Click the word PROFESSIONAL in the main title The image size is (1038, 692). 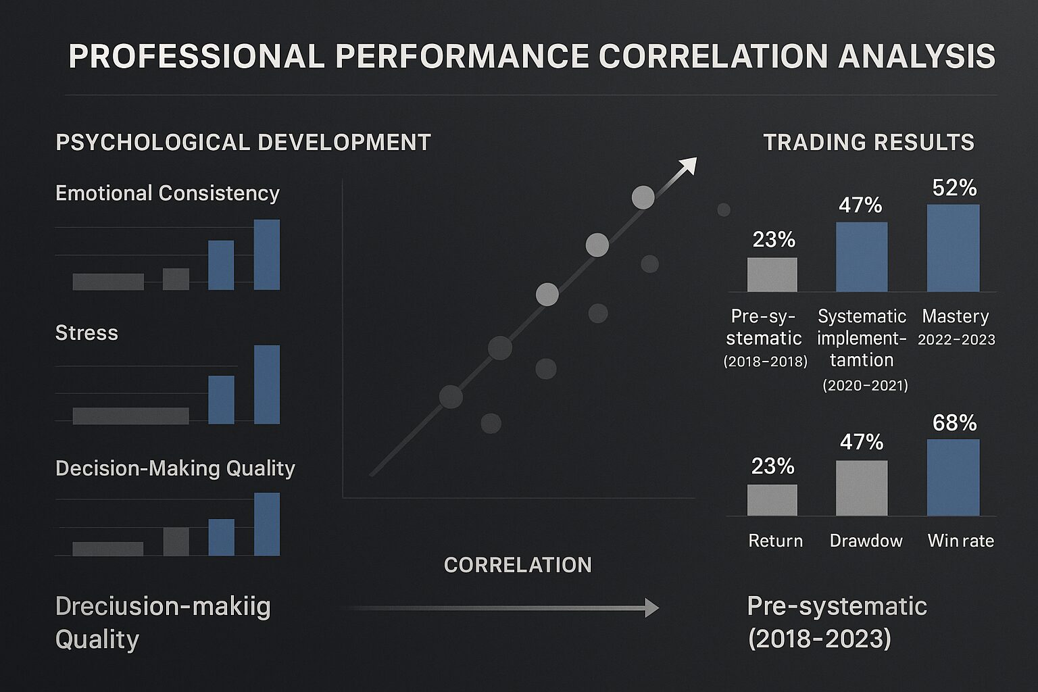point(197,56)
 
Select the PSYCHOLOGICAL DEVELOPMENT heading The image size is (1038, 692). point(243,143)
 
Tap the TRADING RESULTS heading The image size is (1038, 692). point(868,143)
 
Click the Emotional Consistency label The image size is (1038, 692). point(167,193)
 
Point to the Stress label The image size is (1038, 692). point(86,333)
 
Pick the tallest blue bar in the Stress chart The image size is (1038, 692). point(266,385)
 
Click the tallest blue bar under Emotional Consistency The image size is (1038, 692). point(266,254)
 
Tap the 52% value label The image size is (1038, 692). point(954,188)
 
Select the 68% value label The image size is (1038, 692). point(954,423)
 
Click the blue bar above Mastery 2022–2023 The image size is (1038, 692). point(953,248)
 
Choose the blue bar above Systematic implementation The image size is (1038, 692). point(862,257)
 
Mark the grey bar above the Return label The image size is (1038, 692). point(772,500)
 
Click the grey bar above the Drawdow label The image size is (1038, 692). point(862,488)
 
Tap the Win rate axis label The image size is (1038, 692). point(960,541)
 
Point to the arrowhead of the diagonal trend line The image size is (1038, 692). point(689,164)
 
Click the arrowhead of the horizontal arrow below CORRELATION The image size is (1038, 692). point(651,608)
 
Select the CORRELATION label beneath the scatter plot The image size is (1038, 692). point(518,565)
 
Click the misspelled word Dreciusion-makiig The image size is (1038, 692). point(163,606)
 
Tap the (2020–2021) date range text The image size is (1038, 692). point(865,385)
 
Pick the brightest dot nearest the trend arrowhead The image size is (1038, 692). point(643,197)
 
